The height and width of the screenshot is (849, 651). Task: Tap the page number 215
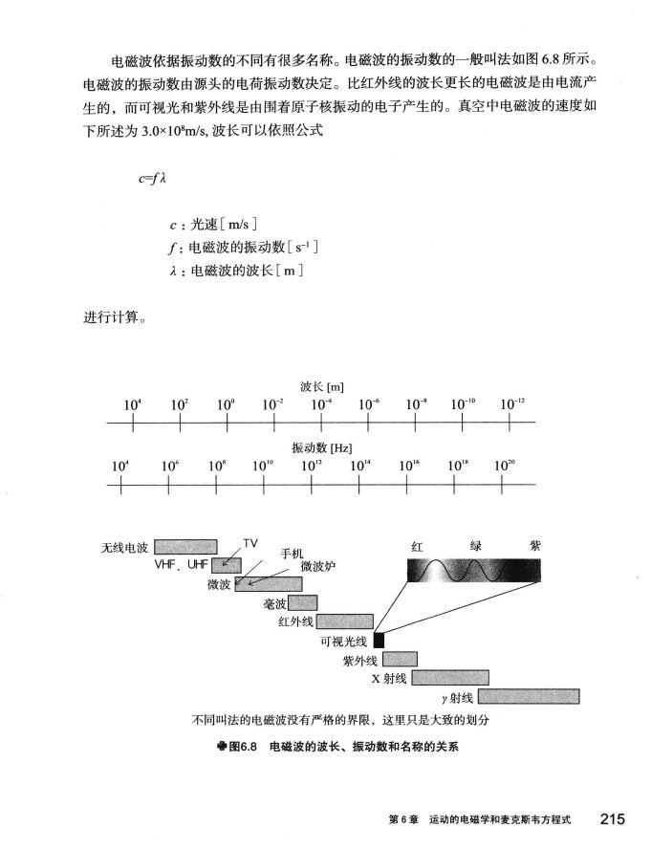click(x=612, y=818)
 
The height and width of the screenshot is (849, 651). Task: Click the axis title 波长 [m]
click(x=321, y=386)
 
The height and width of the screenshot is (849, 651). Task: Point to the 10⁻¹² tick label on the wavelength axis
click(x=512, y=405)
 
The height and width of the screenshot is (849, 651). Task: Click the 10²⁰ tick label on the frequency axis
click(x=505, y=466)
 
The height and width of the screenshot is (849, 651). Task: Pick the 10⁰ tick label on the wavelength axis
click(x=226, y=405)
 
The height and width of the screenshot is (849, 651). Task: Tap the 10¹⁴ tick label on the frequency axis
click(x=361, y=466)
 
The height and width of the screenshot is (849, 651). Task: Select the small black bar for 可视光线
click(x=379, y=640)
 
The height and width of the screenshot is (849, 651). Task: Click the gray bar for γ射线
click(x=529, y=695)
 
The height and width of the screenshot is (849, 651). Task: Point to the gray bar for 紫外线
click(x=400, y=658)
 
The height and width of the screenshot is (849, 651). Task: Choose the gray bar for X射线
click(x=449, y=677)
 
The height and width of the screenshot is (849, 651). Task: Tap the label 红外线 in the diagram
click(x=295, y=621)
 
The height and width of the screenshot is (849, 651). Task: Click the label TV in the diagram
click(x=250, y=542)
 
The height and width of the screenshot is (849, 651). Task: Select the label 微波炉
click(x=317, y=566)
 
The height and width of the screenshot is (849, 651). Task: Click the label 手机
click(x=292, y=553)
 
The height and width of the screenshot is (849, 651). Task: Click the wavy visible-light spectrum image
click(x=473, y=571)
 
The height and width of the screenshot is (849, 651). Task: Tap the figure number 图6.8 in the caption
click(x=243, y=745)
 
